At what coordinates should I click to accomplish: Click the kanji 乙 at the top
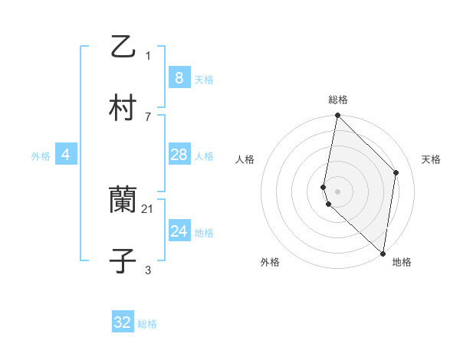pyautogui.click(x=123, y=47)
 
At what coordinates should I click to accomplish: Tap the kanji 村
pyautogui.click(x=123, y=108)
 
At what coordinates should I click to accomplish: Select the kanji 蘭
pyautogui.click(x=123, y=201)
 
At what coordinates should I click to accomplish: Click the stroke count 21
pyautogui.click(x=148, y=208)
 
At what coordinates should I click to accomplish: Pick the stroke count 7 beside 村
pyautogui.click(x=148, y=116)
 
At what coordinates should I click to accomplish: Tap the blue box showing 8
pyautogui.click(x=179, y=77)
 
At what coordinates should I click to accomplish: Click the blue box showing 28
pyautogui.click(x=179, y=155)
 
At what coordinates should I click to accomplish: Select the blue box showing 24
pyautogui.click(x=179, y=231)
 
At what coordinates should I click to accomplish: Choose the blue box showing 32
pyautogui.click(x=123, y=322)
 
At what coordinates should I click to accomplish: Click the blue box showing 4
pyautogui.click(x=66, y=155)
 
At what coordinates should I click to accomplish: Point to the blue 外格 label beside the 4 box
pyautogui.click(x=41, y=156)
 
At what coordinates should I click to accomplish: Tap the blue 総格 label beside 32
pyautogui.click(x=147, y=324)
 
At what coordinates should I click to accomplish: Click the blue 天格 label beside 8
pyautogui.click(x=204, y=79)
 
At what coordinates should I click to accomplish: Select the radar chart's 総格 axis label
pyautogui.click(x=338, y=100)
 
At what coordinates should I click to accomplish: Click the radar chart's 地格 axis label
pyautogui.click(x=402, y=262)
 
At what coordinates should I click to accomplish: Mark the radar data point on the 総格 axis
pyautogui.click(x=337, y=116)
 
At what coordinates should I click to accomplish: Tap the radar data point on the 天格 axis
pyautogui.click(x=396, y=172)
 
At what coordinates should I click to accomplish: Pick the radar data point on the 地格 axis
pyautogui.click(x=383, y=254)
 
